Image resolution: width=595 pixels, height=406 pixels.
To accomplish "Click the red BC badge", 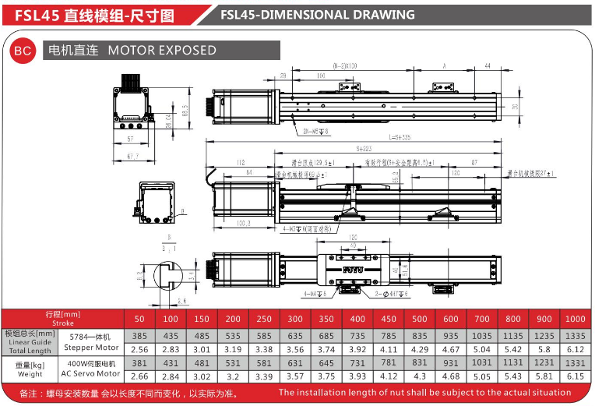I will [23, 51].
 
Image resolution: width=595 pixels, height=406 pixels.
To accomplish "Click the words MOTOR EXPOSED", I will [162, 51].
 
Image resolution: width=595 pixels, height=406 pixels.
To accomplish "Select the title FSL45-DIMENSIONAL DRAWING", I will [318, 15].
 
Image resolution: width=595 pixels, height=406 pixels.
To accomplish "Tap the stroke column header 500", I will [420, 319].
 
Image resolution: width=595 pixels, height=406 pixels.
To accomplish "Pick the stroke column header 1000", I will [575, 319].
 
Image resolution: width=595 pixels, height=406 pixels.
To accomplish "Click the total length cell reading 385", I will [139, 335].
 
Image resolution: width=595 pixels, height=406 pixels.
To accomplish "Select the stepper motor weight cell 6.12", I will [575, 349].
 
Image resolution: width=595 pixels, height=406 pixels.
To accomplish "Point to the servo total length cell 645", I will [326, 363].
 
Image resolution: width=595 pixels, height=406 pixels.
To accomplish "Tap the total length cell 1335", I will [575, 335].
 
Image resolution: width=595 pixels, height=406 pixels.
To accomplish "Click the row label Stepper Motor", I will [91, 348].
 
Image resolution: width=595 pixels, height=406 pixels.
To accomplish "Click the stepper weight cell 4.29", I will [420, 349].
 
